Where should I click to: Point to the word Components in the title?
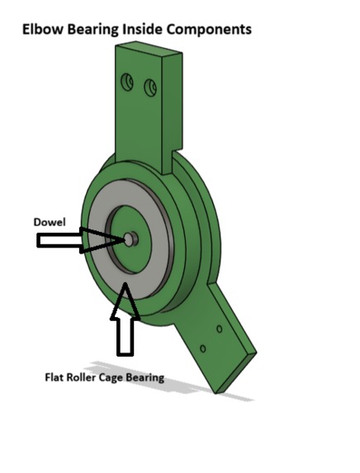coord(211,29)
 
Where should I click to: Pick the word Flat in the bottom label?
coord(54,377)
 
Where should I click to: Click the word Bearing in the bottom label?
coord(145,377)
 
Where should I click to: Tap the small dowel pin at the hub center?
coord(130,239)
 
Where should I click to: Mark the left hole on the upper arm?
coord(126,82)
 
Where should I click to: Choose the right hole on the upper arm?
coord(150,87)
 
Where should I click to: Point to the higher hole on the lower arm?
coord(219,329)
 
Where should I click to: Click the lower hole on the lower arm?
coord(203,348)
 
